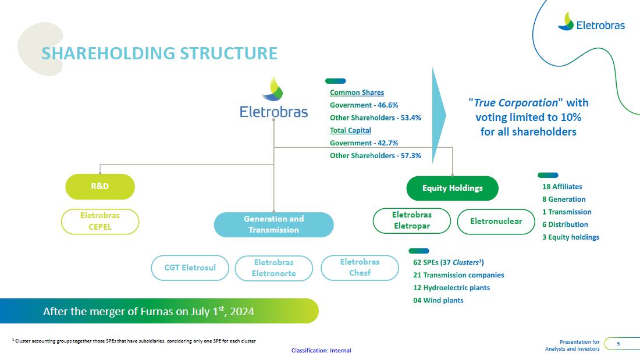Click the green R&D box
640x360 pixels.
coord(100,187)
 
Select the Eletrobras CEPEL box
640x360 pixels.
coord(100,221)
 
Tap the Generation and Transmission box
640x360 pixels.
coord(273,224)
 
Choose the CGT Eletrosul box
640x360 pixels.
coord(190,268)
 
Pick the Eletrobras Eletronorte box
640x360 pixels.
coord(273,268)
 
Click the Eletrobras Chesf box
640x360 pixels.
coord(360,268)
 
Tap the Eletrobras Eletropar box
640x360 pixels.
coord(411,220)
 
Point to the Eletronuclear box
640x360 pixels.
coord(496,221)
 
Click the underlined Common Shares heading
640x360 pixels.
coord(357,92)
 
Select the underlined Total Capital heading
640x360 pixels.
coord(350,130)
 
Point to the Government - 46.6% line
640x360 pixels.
coord(364,105)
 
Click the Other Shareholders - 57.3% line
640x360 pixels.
coord(375,156)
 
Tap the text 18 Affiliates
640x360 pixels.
coord(562,187)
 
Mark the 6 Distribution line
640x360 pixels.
coord(565,224)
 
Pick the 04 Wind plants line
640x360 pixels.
coord(438,300)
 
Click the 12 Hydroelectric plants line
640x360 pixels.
coord(451,288)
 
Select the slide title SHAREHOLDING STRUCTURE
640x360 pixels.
coord(159,54)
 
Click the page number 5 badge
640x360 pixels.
coord(618,344)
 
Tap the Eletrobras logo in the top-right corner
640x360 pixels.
coord(591,23)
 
